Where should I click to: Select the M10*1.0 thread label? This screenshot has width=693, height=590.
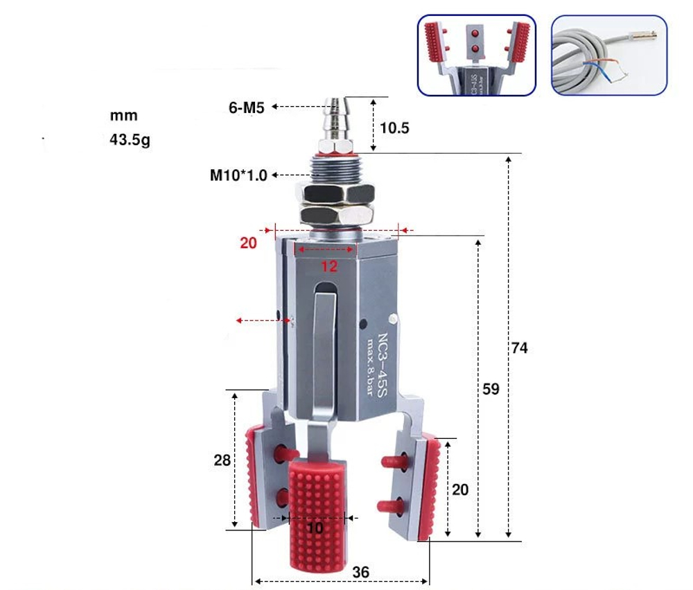[x=238, y=175]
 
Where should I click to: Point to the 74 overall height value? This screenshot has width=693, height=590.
[x=519, y=347]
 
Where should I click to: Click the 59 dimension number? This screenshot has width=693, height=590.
[x=491, y=389]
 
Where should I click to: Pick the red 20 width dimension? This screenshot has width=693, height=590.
[x=248, y=243]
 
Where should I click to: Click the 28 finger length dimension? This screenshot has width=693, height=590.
[x=222, y=460]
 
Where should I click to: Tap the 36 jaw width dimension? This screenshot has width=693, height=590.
[x=360, y=572]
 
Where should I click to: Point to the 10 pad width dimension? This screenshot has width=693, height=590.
[x=315, y=528]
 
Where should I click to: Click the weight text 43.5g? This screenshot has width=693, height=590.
[x=130, y=139]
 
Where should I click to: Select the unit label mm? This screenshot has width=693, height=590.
[x=123, y=115]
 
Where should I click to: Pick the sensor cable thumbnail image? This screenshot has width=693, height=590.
[x=608, y=55]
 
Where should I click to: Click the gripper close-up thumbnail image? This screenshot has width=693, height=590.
[x=477, y=55]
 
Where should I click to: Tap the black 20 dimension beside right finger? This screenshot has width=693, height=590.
[x=459, y=489]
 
